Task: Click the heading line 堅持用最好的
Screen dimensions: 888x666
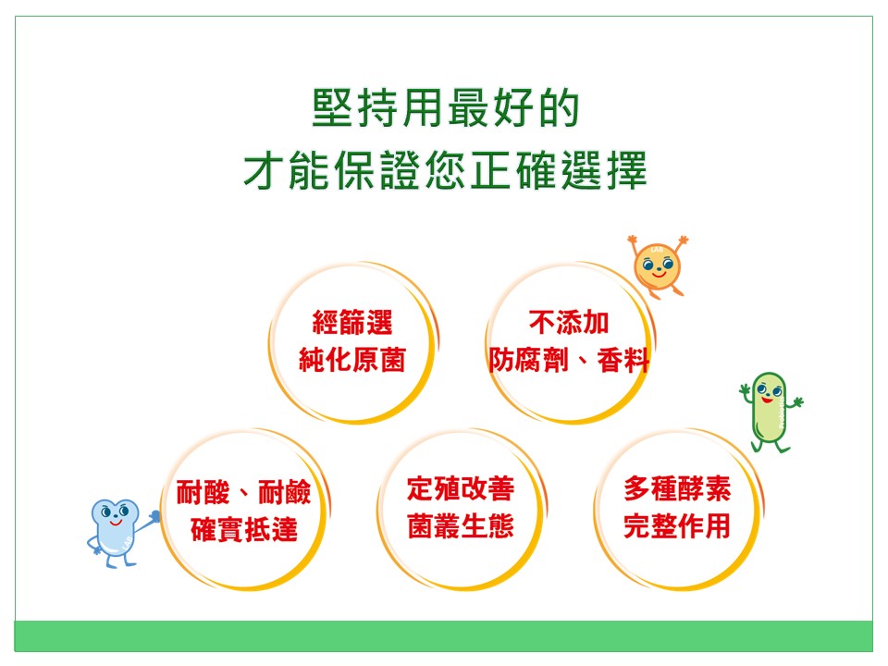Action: pyautogui.click(x=446, y=107)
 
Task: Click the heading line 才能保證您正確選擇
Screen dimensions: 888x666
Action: pyautogui.click(x=445, y=170)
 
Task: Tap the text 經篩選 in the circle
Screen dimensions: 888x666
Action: pyautogui.click(x=352, y=323)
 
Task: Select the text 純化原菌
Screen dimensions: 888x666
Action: pyautogui.click(x=352, y=360)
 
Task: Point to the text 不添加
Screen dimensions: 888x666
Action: pyautogui.click(x=569, y=323)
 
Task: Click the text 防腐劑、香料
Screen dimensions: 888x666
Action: pyautogui.click(x=569, y=360)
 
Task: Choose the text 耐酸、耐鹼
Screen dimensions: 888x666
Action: pyautogui.click(x=243, y=491)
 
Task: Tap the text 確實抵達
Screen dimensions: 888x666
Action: pyautogui.click(x=243, y=529)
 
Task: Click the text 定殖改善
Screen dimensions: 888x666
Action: pyautogui.click(x=461, y=488)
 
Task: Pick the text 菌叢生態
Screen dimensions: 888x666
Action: pyautogui.click(x=461, y=526)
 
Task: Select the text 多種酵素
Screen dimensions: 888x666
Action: pyautogui.click(x=677, y=488)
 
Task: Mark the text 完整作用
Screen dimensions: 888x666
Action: pyautogui.click(x=677, y=526)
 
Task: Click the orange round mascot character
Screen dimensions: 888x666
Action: pyautogui.click(x=657, y=266)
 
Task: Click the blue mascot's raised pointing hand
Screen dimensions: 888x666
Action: pyautogui.click(x=154, y=516)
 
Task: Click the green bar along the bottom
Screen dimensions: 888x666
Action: pyautogui.click(x=443, y=635)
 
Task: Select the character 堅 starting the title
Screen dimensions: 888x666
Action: pyautogui.click(x=333, y=107)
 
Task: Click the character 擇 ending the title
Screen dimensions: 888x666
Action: pyautogui.click(x=627, y=170)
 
